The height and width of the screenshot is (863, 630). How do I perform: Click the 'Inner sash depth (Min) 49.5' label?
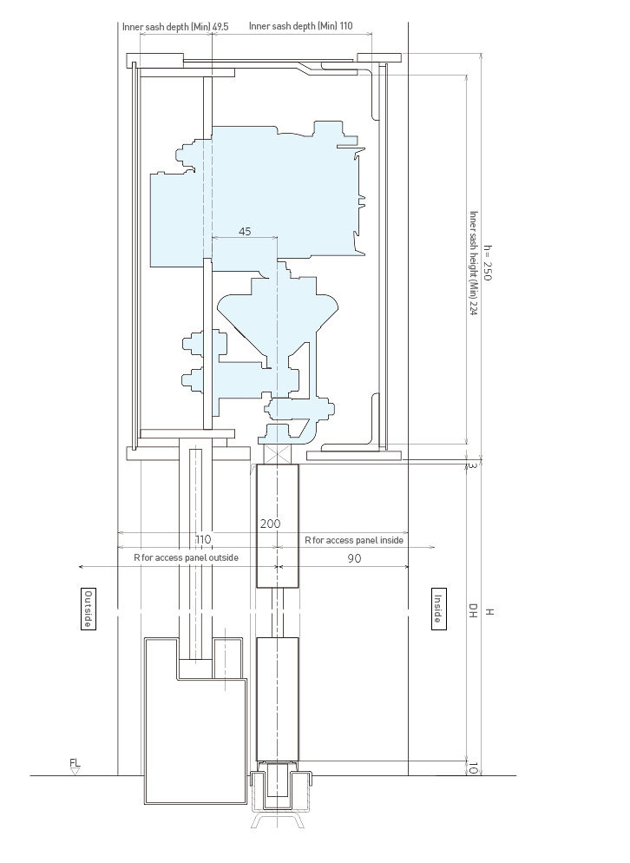point(175,26)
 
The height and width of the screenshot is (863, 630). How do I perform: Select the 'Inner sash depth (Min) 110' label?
point(301,26)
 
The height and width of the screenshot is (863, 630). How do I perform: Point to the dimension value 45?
point(245,231)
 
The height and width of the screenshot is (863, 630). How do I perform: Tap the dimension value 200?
point(270,524)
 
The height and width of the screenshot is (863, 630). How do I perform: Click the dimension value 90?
point(354,558)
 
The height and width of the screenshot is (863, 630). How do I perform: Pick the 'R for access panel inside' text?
point(354,541)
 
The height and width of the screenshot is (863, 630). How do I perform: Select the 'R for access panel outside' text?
point(186,557)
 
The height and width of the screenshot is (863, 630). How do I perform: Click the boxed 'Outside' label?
point(88,609)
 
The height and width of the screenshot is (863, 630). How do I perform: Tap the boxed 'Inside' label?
point(438,609)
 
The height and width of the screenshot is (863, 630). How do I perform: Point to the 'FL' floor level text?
point(75,763)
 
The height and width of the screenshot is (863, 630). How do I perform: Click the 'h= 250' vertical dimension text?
point(488,262)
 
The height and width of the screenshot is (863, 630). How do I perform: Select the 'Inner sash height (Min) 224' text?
point(473,263)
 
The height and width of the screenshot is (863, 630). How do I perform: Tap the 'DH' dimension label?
point(473,610)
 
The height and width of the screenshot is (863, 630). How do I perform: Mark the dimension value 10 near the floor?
point(473,768)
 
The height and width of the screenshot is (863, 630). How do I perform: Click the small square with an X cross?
point(278,454)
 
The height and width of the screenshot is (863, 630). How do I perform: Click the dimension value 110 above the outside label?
point(203,539)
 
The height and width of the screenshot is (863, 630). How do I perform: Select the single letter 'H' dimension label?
point(489,611)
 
